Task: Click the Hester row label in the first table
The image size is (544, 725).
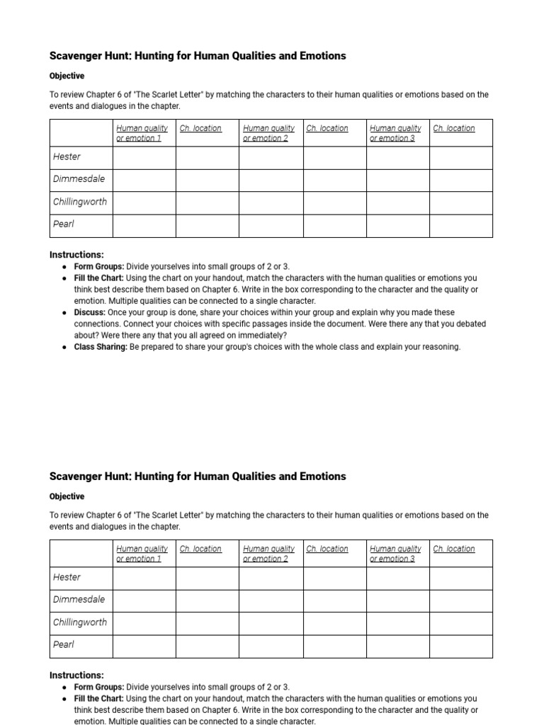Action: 67,157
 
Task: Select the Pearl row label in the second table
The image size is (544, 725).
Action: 63,645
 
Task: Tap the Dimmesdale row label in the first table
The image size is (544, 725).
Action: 79,179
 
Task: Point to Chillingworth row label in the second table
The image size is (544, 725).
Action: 80,622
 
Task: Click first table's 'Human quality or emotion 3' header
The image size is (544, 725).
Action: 395,133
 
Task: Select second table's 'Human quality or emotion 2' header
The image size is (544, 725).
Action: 268,554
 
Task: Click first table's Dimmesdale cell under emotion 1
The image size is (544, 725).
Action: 144,180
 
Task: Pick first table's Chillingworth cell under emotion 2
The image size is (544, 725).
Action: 271,202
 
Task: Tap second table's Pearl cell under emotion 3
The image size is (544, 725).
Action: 397,646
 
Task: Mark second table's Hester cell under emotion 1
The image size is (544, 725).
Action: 144,578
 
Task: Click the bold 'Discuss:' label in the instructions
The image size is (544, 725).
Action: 90,312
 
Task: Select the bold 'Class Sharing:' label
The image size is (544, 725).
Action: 101,347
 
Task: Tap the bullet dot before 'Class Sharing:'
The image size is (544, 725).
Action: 64,348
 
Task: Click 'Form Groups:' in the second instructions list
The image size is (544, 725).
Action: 98,687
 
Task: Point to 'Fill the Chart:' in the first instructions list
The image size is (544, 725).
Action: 99,278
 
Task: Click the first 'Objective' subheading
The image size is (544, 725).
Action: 67,76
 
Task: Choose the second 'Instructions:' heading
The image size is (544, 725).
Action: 76,675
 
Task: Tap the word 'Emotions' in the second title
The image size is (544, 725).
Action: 323,476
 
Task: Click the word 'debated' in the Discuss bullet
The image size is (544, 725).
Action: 471,324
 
